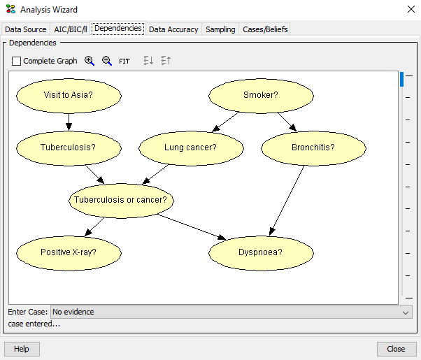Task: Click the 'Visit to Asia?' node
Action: pos(69,95)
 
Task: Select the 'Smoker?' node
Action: pos(261,95)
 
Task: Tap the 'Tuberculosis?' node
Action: pos(68,147)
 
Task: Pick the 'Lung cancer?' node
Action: pos(190,147)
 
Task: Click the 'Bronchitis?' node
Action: pos(313,147)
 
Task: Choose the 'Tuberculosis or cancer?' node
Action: pos(121,200)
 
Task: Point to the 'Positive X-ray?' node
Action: pos(68,252)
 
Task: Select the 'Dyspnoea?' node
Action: pos(261,252)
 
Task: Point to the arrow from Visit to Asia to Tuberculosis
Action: pos(69,121)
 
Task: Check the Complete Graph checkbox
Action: pos(17,61)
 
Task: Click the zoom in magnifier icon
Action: pos(90,61)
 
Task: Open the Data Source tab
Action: pos(26,29)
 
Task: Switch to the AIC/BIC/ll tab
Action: pos(71,29)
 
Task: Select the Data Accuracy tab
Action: pos(173,29)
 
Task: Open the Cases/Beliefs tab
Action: pos(265,29)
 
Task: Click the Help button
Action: pos(22,349)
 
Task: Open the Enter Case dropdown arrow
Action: pos(406,312)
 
